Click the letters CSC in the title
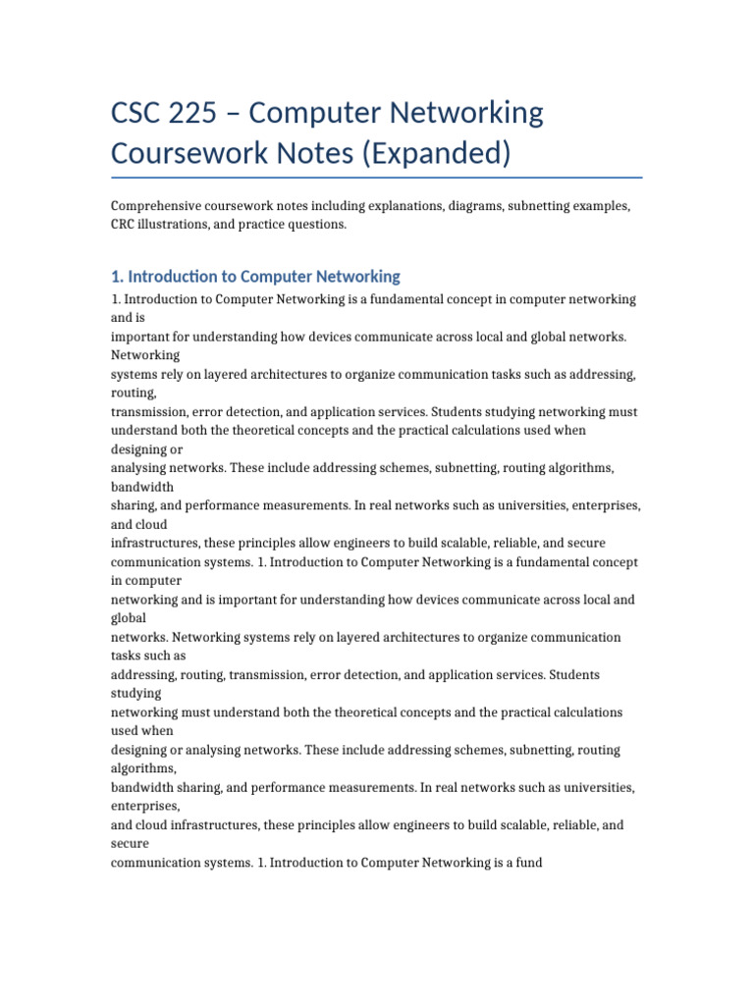click(x=140, y=113)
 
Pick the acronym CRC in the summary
click(x=126, y=225)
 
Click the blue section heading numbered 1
click(x=255, y=277)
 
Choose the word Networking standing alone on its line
click(x=145, y=355)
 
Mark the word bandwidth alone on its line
click(x=142, y=487)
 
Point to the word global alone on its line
click(x=129, y=618)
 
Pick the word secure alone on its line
click(x=130, y=843)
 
